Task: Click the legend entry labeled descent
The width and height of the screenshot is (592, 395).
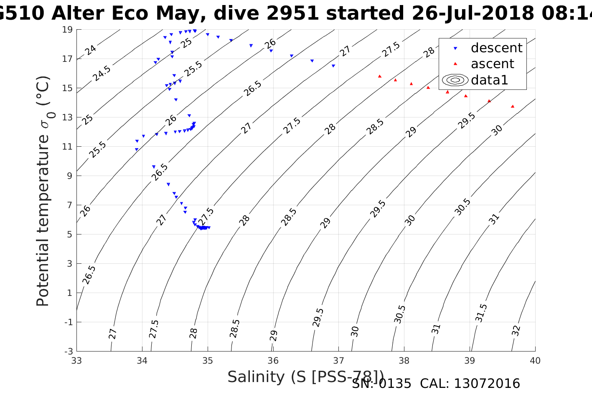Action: (x=496, y=48)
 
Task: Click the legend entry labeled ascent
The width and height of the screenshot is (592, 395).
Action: (x=492, y=64)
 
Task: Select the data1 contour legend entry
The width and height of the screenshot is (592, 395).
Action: (x=489, y=80)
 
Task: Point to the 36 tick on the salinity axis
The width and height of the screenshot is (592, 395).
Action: (x=273, y=360)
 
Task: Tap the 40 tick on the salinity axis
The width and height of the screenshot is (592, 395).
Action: (x=535, y=360)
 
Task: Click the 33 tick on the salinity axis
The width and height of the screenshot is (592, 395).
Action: (x=76, y=360)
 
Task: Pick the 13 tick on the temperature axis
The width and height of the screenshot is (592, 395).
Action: (x=67, y=117)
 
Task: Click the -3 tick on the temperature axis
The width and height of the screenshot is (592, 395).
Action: (x=67, y=351)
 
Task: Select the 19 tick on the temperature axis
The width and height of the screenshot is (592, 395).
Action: (x=67, y=30)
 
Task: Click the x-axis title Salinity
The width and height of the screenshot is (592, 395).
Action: (x=305, y=377)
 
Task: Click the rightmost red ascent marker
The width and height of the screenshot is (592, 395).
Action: (x=513, y=106)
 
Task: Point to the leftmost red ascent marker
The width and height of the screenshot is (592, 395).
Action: (x=380, y=76)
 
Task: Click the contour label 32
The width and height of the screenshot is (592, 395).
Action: (x=516, y=331)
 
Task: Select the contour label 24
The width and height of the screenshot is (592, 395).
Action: (x=91, y=50)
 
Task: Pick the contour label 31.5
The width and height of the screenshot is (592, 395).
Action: (x=481, y=313)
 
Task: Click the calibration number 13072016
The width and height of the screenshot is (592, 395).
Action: (x=487, y=384)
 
